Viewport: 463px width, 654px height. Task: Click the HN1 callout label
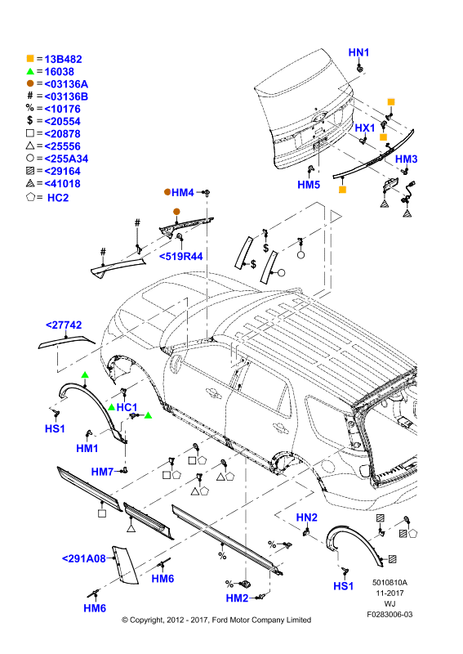358,52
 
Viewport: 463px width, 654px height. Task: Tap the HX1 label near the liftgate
365,128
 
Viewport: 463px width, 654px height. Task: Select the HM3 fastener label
406,159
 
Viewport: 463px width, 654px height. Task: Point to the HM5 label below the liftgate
309,185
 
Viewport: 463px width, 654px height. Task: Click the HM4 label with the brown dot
183,193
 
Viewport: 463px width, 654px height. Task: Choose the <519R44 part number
180,256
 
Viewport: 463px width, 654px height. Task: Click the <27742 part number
64,325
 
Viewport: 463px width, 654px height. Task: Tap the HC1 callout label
127,407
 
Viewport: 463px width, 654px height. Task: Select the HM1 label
87,448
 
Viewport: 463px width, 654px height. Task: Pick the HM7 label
102,472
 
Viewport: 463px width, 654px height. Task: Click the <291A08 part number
84,558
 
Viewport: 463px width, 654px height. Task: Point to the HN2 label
307,517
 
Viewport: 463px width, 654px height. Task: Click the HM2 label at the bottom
237,598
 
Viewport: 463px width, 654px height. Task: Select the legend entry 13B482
63,59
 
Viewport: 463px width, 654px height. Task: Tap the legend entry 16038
59,72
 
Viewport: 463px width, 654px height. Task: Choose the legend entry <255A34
66,159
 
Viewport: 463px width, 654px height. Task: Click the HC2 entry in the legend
58,198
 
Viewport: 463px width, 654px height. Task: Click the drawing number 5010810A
390,583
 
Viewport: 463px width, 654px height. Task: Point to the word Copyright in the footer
147,620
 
